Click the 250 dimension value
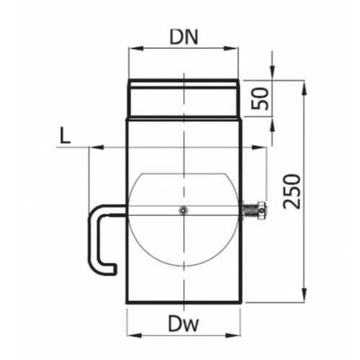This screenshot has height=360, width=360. pyautogui.click(x=289, y=191)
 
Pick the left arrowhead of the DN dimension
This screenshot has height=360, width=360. pyautogui.click(x=130, y=50)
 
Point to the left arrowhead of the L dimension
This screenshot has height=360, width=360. pyautogui.click(x=91, y=146)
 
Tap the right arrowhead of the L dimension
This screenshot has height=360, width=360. pyautogui.click(x=262, y=146)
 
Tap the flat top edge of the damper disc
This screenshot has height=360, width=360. pyautogui.click(x=184, y=174)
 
